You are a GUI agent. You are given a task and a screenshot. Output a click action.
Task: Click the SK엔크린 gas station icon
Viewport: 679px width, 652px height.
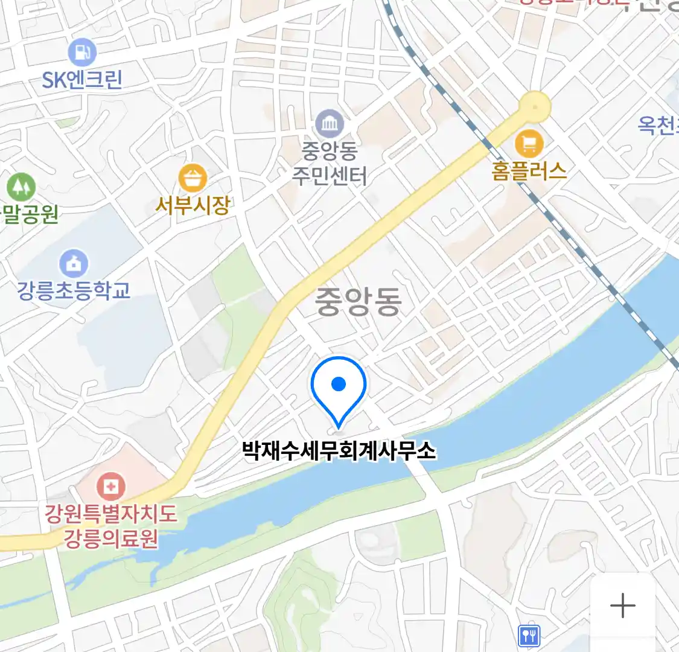[82, 53]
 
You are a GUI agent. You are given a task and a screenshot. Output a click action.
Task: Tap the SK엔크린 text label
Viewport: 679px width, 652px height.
[82, 80]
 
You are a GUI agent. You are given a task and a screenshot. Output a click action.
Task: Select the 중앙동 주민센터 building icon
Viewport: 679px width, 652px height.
[330, 125]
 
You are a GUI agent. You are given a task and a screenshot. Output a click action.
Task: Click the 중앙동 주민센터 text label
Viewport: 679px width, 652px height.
[330, 162]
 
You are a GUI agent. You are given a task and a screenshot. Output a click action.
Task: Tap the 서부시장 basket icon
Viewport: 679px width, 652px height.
[193, 179]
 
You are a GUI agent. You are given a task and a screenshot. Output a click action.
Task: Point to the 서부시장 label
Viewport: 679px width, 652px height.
[193, 206]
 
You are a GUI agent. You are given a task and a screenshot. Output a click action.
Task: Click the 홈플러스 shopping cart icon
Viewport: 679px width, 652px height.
[529, 144]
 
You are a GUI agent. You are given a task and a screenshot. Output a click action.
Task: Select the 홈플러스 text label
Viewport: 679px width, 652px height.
[529, 171]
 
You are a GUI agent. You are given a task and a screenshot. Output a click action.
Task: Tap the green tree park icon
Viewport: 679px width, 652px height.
[21, 187]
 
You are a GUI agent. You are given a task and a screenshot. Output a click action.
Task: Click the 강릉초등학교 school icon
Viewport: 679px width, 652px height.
[74, 264]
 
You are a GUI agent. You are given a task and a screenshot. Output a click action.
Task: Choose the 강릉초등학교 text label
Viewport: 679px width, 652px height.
[74, 291]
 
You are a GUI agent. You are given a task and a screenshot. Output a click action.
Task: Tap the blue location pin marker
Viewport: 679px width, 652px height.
[339, 386]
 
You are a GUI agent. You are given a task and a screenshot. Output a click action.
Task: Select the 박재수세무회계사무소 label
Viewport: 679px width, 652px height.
[339, 451]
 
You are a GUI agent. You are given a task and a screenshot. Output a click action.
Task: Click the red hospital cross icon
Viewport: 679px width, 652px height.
[111, 486]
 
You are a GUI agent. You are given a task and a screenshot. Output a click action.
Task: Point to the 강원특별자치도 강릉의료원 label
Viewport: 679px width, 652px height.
[111, 525]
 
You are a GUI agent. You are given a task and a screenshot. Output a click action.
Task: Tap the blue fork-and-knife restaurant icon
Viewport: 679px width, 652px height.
[529, 635]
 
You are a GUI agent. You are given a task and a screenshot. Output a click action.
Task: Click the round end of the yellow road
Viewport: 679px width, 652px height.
[535, 107]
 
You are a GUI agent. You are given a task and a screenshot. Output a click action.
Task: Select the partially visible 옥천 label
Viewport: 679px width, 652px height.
[658, 125]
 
